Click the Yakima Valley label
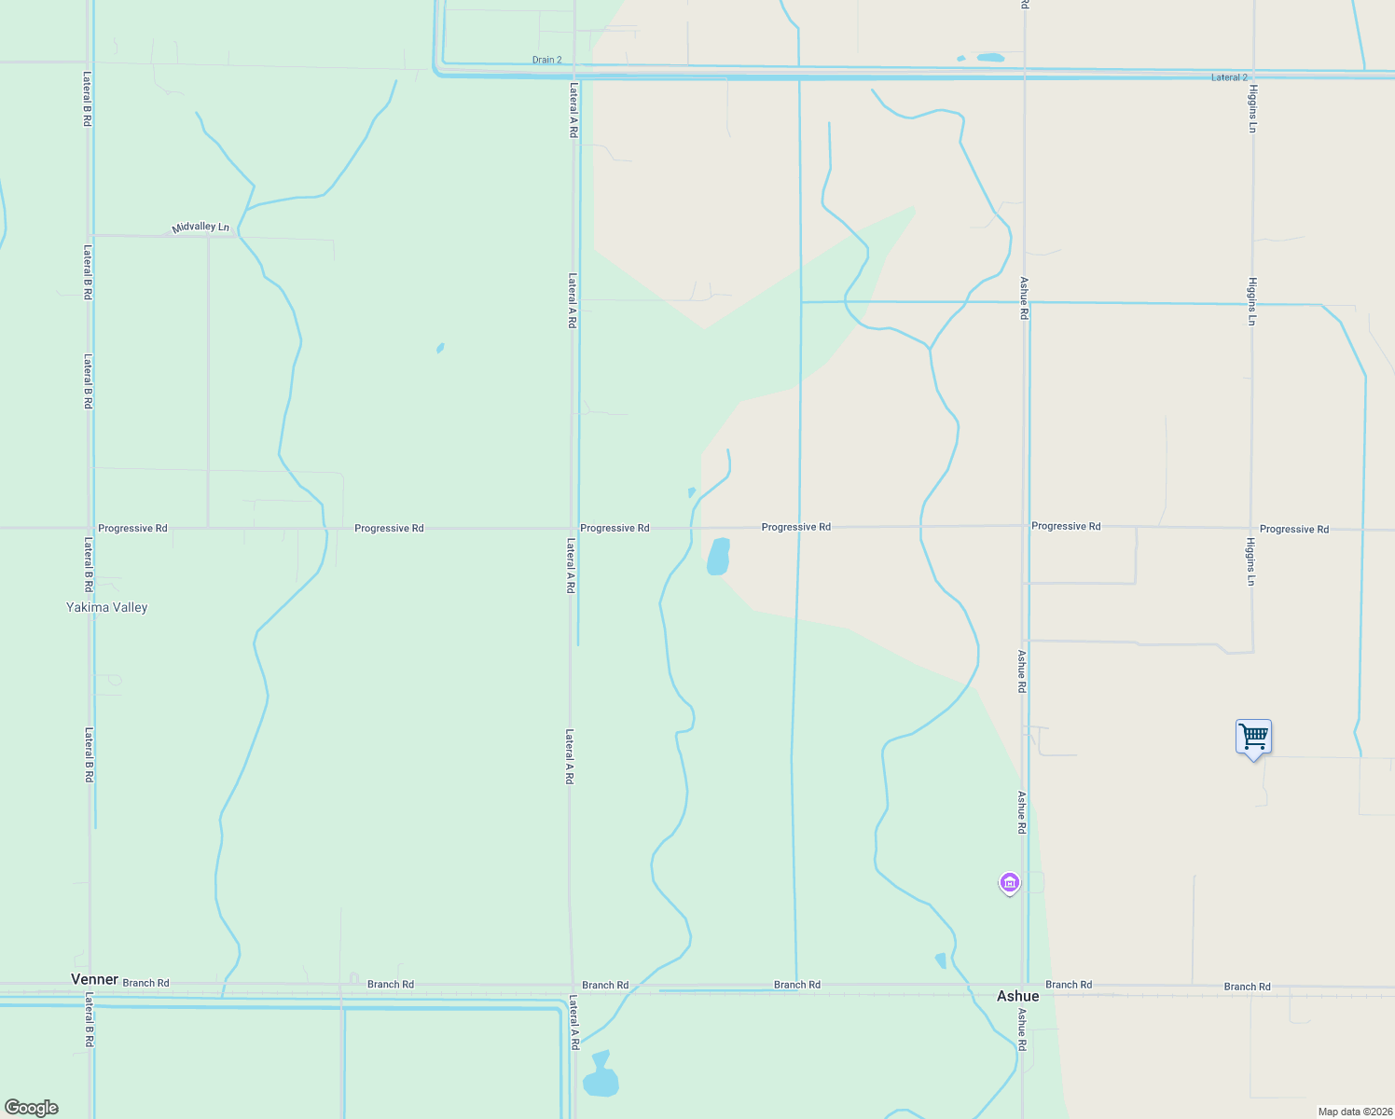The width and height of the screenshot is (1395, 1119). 106,607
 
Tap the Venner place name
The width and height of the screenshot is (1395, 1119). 94,979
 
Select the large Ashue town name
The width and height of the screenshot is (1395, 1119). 1017,996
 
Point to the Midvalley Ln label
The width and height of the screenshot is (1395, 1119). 200,227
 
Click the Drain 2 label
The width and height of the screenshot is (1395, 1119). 546,60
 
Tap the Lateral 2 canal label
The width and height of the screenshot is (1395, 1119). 1229,77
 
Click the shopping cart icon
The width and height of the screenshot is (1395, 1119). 1253,738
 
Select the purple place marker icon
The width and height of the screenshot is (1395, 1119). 1009,882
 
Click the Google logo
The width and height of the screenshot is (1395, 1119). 32,1108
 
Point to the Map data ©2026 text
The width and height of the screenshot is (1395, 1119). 1354,1112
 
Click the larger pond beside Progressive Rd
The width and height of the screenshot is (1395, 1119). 718,557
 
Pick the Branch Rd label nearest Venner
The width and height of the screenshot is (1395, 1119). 146,983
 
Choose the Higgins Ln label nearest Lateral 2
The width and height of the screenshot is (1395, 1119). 1253,108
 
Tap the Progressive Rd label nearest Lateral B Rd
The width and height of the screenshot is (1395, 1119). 132,528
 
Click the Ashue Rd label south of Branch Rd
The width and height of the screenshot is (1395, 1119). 1022,1029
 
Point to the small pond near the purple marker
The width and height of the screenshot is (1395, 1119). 941,960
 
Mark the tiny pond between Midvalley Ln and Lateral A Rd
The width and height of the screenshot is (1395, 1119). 440,349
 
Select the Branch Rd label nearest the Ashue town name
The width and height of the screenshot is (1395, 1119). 1069,985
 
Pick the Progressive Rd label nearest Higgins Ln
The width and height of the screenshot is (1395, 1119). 1294,529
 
